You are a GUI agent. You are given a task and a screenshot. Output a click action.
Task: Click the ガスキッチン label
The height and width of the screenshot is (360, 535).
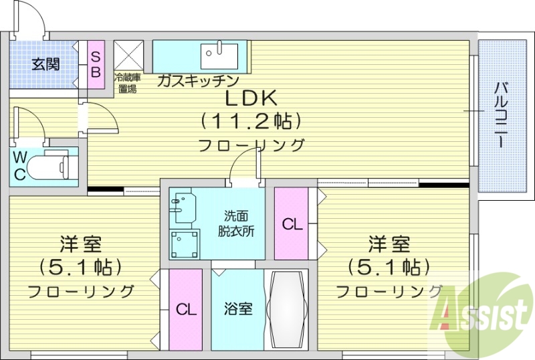tap(198, 81)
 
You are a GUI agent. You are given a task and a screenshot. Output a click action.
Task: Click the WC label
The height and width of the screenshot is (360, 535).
tap(20, 167)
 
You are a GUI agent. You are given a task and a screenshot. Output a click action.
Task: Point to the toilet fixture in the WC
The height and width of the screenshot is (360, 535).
tap(51, 164)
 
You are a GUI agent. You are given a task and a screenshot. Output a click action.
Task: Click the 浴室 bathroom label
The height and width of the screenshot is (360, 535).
tap(237, 309)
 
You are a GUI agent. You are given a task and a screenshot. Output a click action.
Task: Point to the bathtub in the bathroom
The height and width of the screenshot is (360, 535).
tap(286, 309)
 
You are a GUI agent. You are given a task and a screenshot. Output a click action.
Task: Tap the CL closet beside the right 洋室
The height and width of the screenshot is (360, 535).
tap(292, 224)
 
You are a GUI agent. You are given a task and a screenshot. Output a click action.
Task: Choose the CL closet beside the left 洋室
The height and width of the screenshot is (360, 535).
tap(185, 309)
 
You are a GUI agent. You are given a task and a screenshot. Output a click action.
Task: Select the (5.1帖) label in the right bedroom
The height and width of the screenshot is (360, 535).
tap(388, 267)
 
